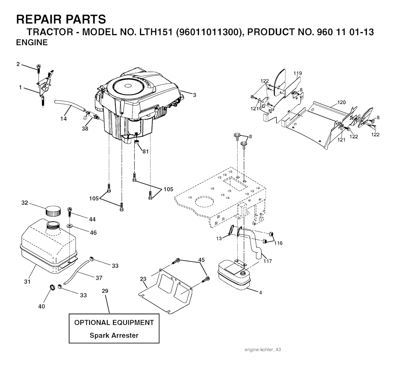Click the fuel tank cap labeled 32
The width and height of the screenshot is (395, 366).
click(x=53, y=211)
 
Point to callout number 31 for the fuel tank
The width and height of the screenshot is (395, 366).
click(x=27, y=282)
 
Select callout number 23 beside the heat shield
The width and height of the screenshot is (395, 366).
click(x=143, y=279)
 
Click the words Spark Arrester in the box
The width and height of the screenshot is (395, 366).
click(x=114, y=335)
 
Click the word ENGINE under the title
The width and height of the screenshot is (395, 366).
click(x=32, y=43)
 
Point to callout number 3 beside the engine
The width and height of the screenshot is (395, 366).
click(x=194, y=95)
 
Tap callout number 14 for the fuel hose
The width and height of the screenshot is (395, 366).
click(x=63, y=119)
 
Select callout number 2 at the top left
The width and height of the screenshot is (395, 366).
click(x=18, y=64)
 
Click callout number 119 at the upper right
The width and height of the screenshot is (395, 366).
click(x=297, y=73)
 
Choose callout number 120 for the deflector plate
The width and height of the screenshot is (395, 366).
click(x=341, y=102)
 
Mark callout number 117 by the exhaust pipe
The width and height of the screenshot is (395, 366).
click(x=267, y=261)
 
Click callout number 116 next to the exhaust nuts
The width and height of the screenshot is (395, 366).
click(x=278, y=243)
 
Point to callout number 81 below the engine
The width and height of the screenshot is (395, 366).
click(x=145, y=151)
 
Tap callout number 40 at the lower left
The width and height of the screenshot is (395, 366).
click(x=41, y=306)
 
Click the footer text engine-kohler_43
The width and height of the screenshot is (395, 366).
click(x=262, y=349)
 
